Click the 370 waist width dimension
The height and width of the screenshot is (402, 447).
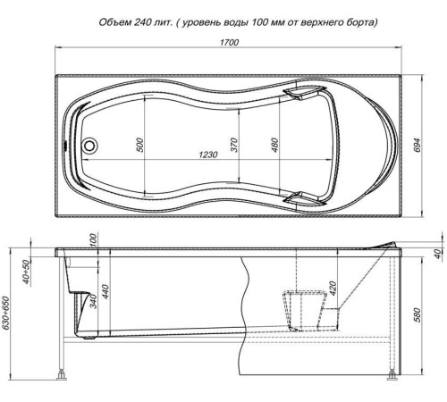pos(234,145)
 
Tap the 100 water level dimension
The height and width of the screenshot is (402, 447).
pos(93,240)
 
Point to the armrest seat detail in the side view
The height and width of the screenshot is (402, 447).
pos(304,309)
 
